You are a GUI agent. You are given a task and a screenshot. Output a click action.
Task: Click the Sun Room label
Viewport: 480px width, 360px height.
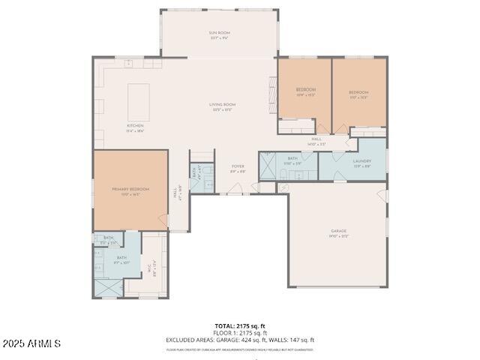tap(219, 35)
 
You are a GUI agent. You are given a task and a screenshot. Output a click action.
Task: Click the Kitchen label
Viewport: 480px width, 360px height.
tap(135, 127)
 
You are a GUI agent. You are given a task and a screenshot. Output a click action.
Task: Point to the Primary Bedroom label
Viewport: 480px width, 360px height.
tap(130, 190)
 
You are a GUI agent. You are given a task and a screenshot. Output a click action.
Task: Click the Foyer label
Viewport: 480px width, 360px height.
tap(238, 168)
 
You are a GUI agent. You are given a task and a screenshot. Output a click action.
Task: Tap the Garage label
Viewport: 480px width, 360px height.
tap(338, 232)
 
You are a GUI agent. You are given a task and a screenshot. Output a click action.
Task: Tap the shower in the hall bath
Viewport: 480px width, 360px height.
tap(268, 166)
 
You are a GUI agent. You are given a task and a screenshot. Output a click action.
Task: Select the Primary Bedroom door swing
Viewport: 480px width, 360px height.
tap(162, 219)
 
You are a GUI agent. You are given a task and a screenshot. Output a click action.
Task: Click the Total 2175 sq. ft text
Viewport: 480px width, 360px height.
tap(240, 326)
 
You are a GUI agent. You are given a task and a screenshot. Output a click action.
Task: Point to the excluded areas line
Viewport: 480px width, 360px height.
tap(240, 340)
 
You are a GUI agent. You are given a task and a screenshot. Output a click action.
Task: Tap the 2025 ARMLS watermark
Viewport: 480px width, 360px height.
tap(31, 343)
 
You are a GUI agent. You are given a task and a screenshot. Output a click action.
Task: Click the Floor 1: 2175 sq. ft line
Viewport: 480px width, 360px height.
tap(240, 333)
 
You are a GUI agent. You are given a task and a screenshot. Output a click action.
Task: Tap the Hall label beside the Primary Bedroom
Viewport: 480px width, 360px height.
tap(177, 193)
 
